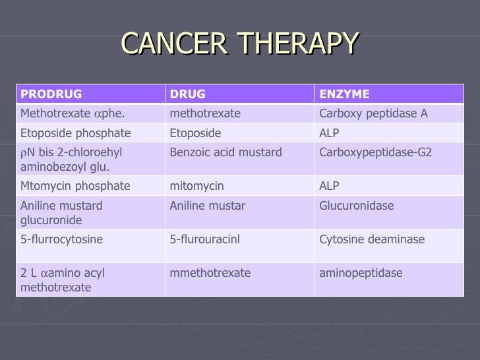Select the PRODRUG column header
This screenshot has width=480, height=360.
tap(51, 94)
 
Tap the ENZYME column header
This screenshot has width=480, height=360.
tap(344, 94)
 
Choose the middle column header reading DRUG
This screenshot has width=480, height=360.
tap(187, 94)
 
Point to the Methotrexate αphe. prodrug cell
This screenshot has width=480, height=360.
tap(73, 113)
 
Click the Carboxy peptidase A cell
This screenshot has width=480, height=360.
tap(373, 113)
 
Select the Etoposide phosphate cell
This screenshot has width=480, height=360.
tap(75, 133)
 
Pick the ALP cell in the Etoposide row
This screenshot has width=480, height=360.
tap(329, 133)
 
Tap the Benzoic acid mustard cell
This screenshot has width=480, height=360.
tap(225, 152)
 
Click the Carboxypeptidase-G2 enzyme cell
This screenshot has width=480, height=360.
tap(375, 152)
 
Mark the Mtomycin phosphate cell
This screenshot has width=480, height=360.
tap(75, 186)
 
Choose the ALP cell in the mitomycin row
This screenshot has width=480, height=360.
tap(329, 186)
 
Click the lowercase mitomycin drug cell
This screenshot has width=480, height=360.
tap(196, 186)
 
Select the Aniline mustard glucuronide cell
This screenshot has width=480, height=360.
tap(61, 212)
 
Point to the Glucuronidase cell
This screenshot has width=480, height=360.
tap(356, 206)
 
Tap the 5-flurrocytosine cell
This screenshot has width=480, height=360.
tap(61, 239)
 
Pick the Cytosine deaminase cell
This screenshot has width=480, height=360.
tap(372, 239)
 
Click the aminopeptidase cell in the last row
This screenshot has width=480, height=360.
tap(361, 273)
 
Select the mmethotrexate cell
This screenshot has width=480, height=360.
tap(210, 273)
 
